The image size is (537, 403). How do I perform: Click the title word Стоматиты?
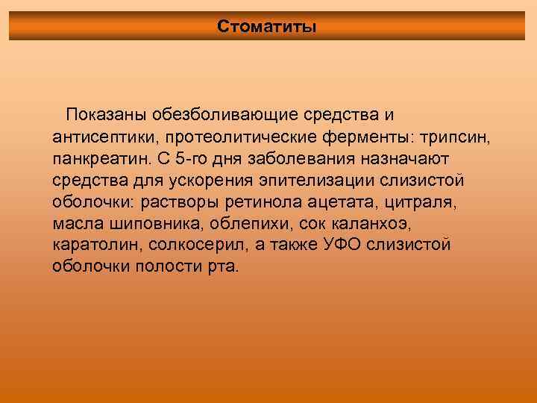click(x=267, y=27)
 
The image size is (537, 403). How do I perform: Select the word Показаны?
click(x=107, y=116)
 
